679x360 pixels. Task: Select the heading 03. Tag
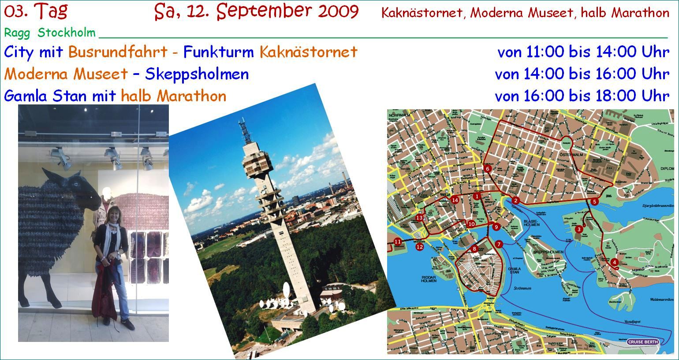point(36,11)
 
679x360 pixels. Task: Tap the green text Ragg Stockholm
point(50,33)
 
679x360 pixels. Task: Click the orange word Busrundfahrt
point(118,52)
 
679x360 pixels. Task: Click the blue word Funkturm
point(218,52)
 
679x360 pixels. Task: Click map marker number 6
point(487,169)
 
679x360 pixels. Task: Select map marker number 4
point(614,263)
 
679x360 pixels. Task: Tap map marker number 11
point(398,241)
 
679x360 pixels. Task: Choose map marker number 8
point(474,249)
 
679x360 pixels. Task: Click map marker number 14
point(455,200)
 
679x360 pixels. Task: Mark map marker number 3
point(578,229)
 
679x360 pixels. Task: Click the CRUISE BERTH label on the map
point(643,342)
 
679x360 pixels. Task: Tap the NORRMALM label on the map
point(399,115)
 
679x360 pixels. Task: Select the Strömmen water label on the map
point(522,289)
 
